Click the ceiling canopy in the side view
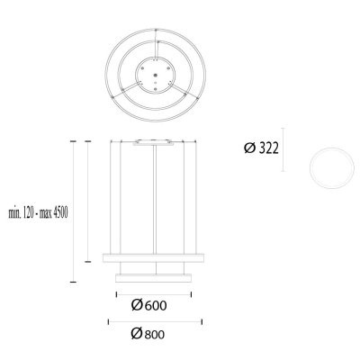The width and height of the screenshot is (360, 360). pos(157,143)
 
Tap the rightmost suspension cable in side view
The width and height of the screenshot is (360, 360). pos(200,198)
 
